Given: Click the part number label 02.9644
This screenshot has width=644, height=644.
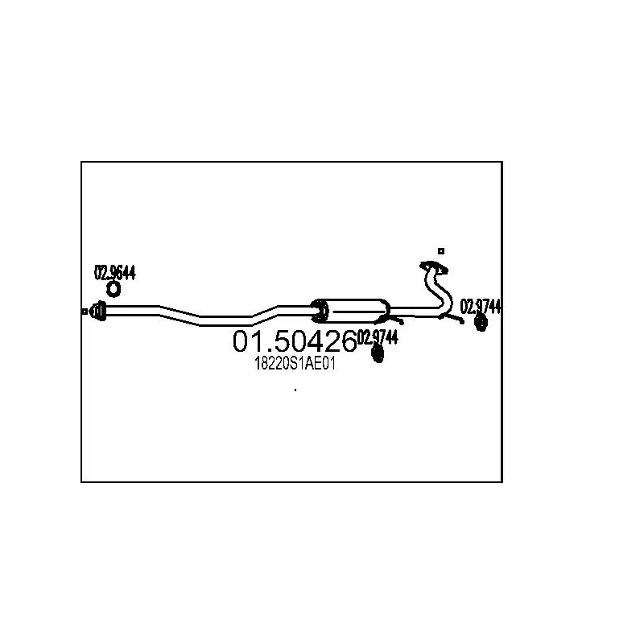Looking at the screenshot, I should click(x=115, y=273).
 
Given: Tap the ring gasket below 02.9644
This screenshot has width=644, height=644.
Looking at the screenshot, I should click(x=114, y=288).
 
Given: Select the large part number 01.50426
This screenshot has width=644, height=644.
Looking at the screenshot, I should click(x=294, y=342).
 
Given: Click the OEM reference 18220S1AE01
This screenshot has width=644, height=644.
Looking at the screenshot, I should click(x=294, y=364).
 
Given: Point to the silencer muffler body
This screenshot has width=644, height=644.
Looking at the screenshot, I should click(x=354, y=310).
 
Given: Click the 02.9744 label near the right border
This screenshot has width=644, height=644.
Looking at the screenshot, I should click(x=481, y=306).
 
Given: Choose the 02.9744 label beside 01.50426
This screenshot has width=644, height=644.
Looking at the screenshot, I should click(x=378, y=337).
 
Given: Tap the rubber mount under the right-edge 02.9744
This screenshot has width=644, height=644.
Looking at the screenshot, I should click(x=481, y=323).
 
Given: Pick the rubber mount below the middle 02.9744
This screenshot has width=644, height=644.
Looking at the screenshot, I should click(x=378, y=355).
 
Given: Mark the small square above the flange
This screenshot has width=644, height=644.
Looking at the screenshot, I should click(x=440, y=251).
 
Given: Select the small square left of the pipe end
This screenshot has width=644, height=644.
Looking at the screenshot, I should click(x=85, y=311).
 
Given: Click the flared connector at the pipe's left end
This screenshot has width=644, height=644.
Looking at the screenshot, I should click(x=98, y=311).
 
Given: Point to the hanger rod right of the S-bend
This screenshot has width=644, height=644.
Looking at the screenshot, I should click(x=455, y=318).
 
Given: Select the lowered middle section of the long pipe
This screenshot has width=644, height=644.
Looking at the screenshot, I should click(x=225, y=321).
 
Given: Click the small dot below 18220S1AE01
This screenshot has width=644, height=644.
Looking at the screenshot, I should click(x=295, y=390).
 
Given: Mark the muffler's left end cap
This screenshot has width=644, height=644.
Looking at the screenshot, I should click(x=320, y=310).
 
